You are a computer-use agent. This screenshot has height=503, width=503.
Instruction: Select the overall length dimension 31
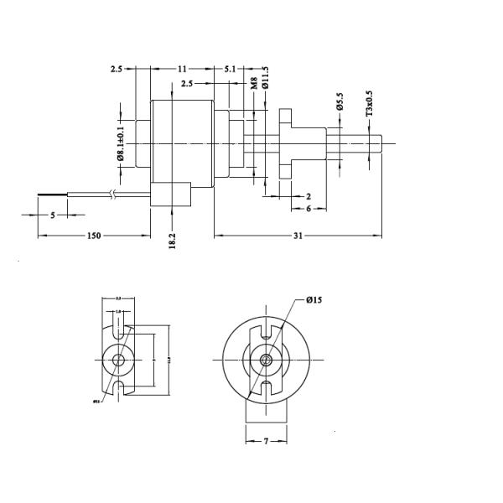[x=298, y=236]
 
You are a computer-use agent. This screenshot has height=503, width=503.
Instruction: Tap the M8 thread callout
[x=254, y=83]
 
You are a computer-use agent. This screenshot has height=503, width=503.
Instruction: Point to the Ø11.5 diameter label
[x=266, y=78]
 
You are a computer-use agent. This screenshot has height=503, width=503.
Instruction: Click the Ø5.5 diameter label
[x=340, y=101]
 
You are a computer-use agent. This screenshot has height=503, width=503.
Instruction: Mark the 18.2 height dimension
[x=172, y=241]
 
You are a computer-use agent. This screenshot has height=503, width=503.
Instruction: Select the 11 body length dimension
[x=182, y=69]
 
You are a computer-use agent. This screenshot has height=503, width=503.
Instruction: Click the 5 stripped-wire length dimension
[x=53, y=215]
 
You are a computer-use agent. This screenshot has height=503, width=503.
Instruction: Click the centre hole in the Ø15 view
[x=266, y=360]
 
